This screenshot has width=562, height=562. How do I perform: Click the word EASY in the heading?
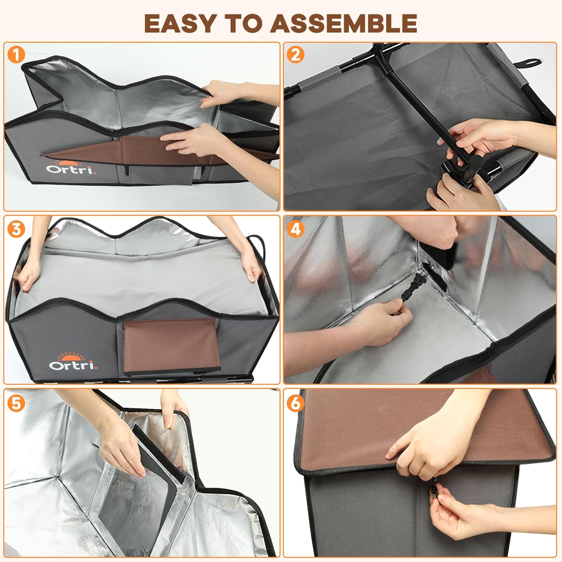[179, 23]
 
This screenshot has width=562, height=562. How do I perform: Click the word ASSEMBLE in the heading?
[344, 23]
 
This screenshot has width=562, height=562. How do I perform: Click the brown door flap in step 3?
[170, 346]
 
